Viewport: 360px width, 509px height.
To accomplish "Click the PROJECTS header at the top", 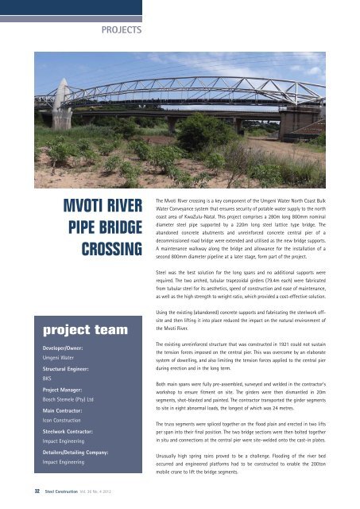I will tap(120, 31).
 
